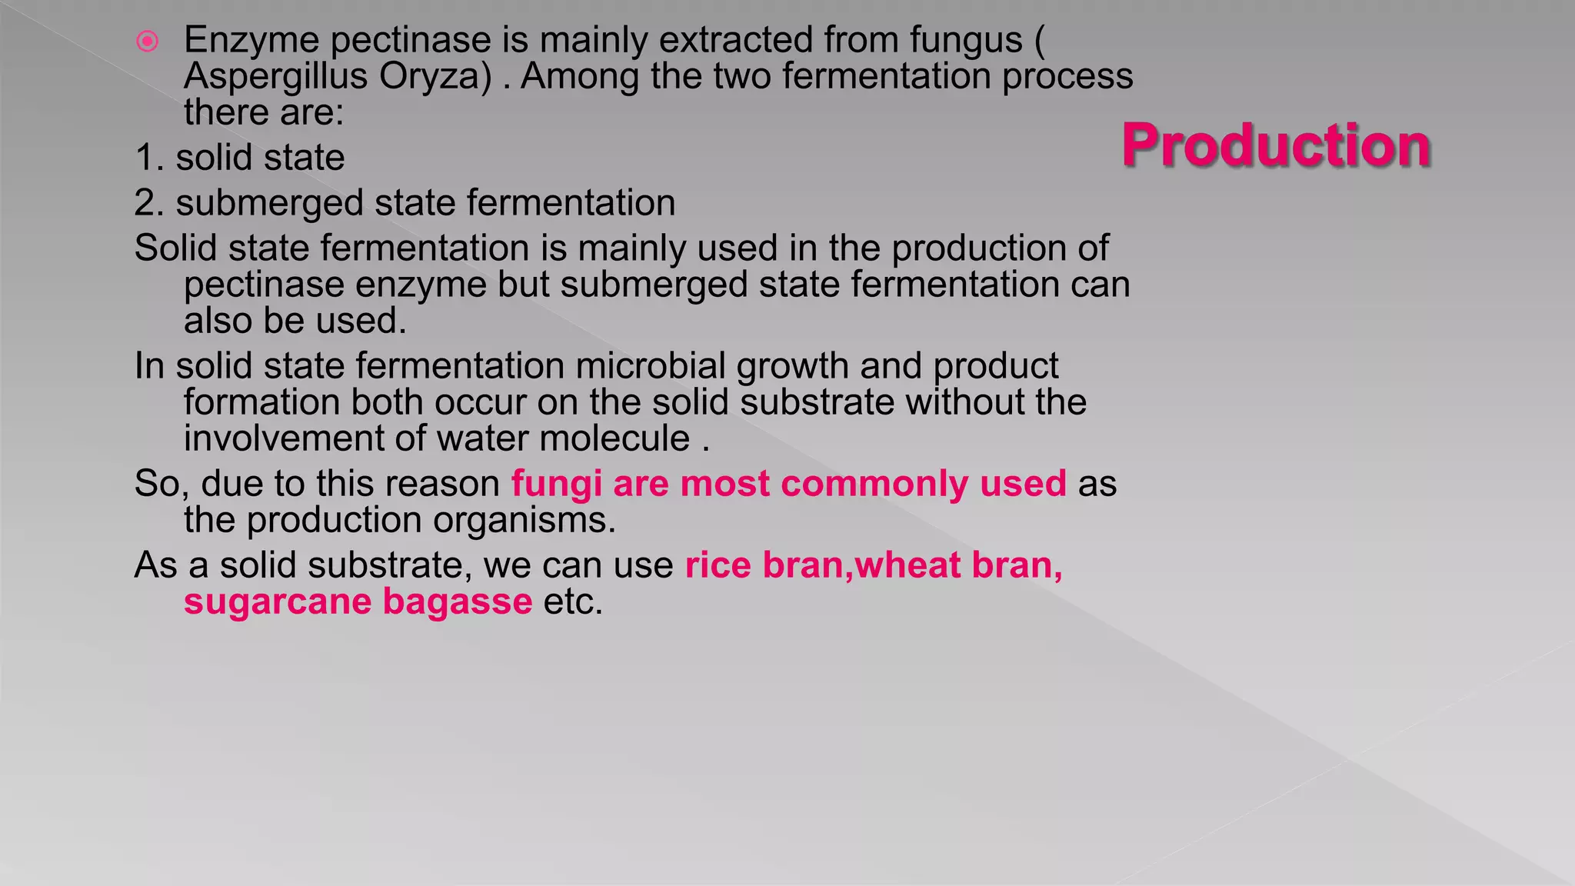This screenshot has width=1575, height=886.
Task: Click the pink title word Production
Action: pyautogui.click(x=1276, y=145)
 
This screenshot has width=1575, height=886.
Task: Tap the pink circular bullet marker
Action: pyautogui.click(x=147, y=41)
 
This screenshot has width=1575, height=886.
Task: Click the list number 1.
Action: pyautogui.click(x=148, y=158)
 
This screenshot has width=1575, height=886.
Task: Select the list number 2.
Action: pyautogui.click(x=148, y=203)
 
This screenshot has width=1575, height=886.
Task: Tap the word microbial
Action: pyautogui.click(x=650, y=366)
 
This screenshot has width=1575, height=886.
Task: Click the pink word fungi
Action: pyautogui.click(x=556, y=484)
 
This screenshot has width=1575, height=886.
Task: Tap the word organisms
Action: pyautogui.click(x=524, y=520)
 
